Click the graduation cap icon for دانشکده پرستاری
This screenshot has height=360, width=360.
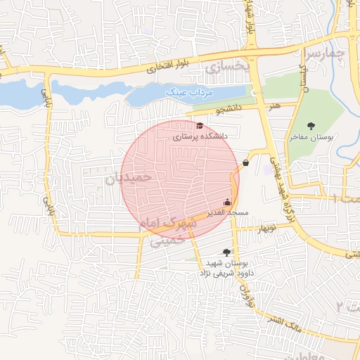pos(200,126)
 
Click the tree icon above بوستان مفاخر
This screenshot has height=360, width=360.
pos(311,126)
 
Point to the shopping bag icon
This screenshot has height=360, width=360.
pos(245,162)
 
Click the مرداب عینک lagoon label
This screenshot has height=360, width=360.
pos(184,91)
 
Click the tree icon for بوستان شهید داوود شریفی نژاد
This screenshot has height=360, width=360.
pos(226,252)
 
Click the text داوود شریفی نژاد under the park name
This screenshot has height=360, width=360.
pos(224,271)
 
